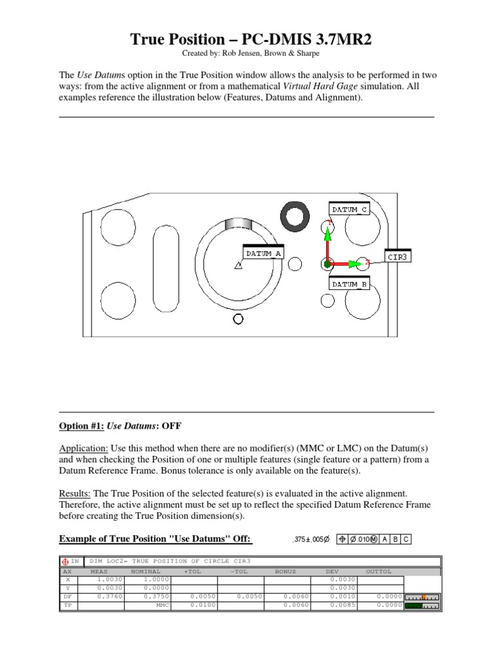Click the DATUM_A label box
click(263, 253)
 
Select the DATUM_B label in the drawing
click(349, 285)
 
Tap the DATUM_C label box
click(349, 209)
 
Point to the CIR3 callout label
click(397, 257)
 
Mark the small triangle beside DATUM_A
click(238, 265)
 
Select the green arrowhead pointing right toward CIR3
click(354, 264)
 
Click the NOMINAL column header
click(145, 571)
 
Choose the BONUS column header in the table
click(285, 571)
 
